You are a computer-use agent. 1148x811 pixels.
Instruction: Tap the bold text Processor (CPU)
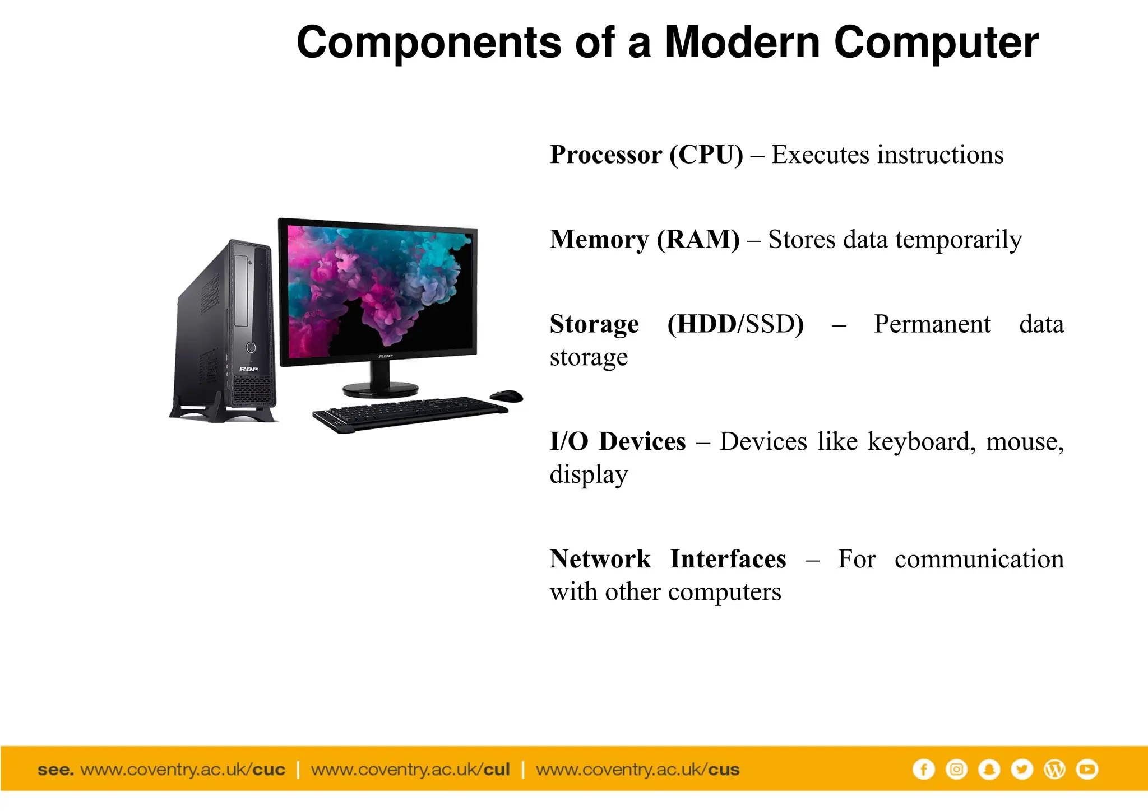pyautogui.click(x=646, y=155)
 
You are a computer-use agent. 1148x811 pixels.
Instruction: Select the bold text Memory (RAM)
pyautogui.click(x=645, y=239)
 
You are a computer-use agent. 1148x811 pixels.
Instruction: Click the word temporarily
pyautogui.click(x=959, y=240)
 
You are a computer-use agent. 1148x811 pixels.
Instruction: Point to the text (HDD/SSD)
pyautogui.click(x=735, y=324)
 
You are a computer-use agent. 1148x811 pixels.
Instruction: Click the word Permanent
pyautogui.click(x=932, y=324)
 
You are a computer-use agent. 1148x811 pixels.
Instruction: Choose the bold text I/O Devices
pyautogui.click(x=618, y=441)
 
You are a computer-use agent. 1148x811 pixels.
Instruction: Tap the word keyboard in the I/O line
pyautogui.click(x=919, y=441)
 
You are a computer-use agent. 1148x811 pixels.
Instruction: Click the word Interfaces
pyautogui.click(x=728, y=559)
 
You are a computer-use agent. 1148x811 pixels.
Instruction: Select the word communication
pyautogui.click(x=979, y=559)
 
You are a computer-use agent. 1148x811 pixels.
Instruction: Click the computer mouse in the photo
pyautogui.click(x=506, y=396)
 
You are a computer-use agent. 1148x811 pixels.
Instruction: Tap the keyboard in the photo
pyautogui.click(x=409, y=413)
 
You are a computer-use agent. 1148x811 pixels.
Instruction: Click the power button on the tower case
pyautogui.click(x=251, y=348)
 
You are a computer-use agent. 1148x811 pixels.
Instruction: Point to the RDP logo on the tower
pyautogui.click(x=248, y=369)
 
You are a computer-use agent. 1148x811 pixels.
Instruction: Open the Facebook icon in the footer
pyautogui.click(x=923, y=770)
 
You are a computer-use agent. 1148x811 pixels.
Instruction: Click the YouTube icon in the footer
pyautogui.click(x=1087, y=770)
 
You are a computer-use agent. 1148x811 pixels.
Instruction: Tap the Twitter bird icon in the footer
pyautogui.click(x=1021, y=770)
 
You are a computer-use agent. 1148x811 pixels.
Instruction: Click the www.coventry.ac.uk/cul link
pyautogui.click(x=410, y=770)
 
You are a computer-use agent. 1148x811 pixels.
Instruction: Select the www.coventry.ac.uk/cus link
pyautogui.click(x=637, y=770)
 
